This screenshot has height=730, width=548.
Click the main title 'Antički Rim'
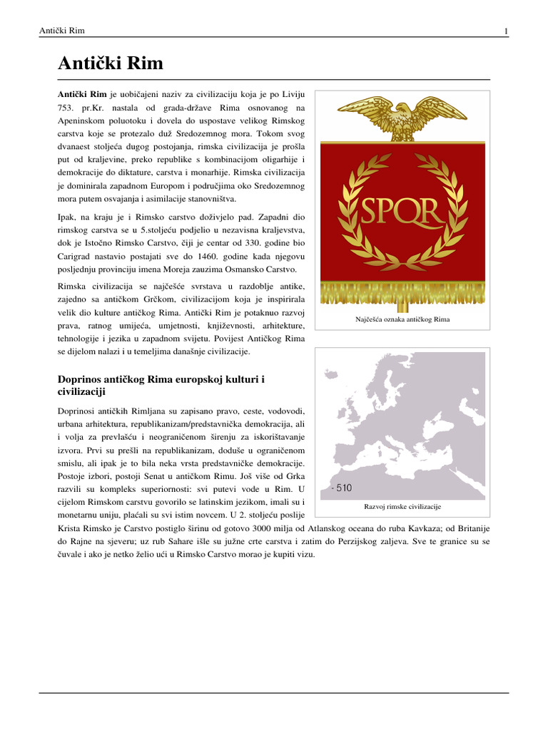point(110,64)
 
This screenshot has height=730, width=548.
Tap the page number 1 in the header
point(506,31)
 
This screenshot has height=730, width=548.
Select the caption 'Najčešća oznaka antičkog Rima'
point(402,319)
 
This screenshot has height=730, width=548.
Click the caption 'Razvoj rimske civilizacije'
point(402,506)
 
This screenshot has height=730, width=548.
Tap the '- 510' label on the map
point(341,488)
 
